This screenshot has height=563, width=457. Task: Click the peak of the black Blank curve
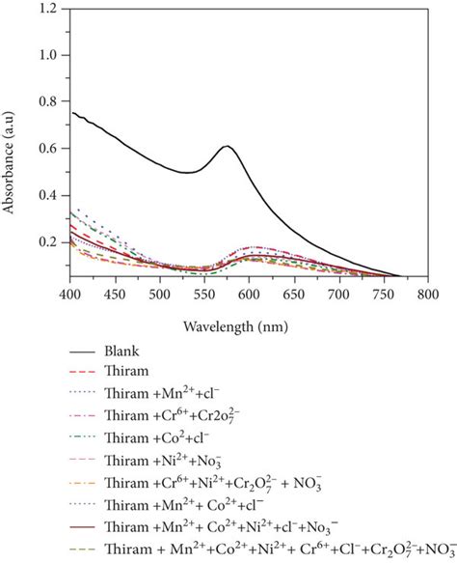227,146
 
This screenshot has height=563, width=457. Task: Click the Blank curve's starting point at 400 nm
71,112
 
